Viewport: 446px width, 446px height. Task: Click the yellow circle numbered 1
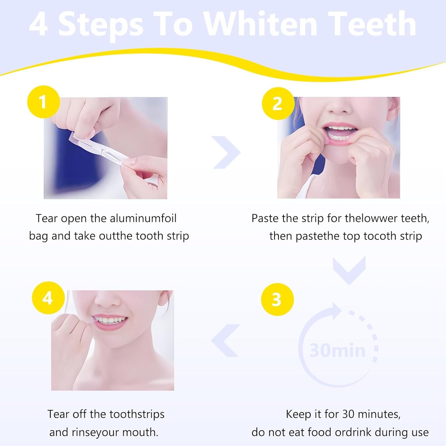tap(44, 102)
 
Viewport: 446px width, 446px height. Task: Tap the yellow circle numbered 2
tap(278, 104)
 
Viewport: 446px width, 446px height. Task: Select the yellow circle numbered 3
tap(277, 299)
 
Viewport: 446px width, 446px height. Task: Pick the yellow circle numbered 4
tap(48, 298)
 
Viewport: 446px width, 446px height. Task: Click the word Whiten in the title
tap(261, 24)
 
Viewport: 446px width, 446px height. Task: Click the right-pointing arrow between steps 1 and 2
tap(227, 152)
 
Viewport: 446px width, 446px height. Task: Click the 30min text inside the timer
tap(337, 351)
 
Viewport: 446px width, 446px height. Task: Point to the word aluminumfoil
tap(143, 219)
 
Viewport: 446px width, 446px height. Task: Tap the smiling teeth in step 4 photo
tap(110, 320)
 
